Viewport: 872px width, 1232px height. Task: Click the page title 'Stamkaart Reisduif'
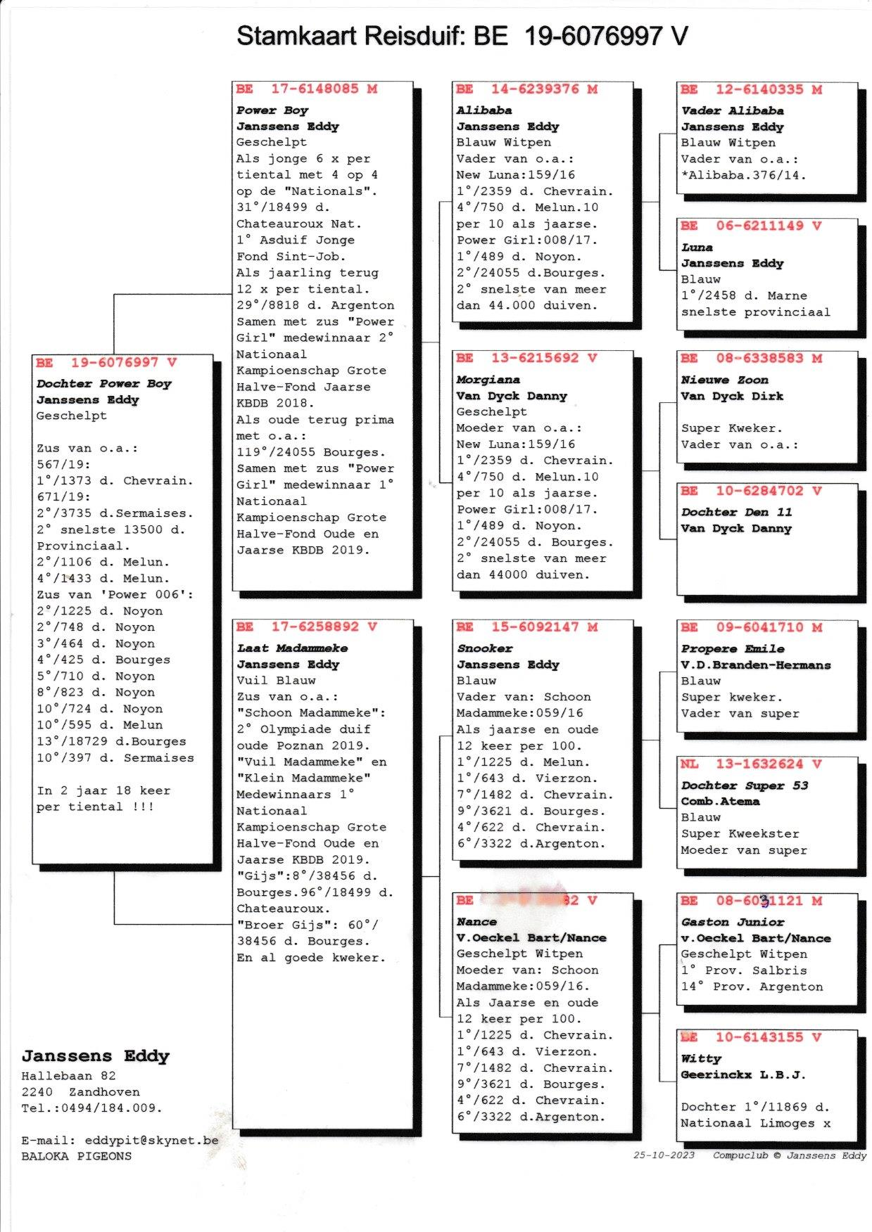point(351,36)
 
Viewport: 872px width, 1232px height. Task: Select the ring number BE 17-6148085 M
point(306,89)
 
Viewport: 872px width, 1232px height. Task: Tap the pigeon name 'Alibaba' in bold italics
point(484,110)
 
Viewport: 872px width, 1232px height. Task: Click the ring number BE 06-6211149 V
point(750,226)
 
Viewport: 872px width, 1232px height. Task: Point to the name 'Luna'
point(697,248)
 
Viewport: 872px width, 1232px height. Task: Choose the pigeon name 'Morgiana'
point(488,380)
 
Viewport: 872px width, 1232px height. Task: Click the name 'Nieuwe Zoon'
point(724,380)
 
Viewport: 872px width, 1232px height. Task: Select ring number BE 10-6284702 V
point(750,491)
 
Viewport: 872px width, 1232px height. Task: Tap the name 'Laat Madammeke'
point(292,648)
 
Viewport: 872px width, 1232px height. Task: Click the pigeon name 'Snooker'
point(485,648)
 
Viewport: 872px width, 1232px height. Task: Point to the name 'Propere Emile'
point(732,648)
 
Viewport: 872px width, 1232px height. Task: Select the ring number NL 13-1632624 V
point(750,764)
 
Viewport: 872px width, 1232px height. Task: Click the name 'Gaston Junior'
point(732,922)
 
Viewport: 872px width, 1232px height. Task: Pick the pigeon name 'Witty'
point(700,1058)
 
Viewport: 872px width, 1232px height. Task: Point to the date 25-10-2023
point(664,1155)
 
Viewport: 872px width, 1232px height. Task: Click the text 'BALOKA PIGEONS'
point(76,1156)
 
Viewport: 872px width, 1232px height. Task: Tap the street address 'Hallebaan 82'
point(68,1075)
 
